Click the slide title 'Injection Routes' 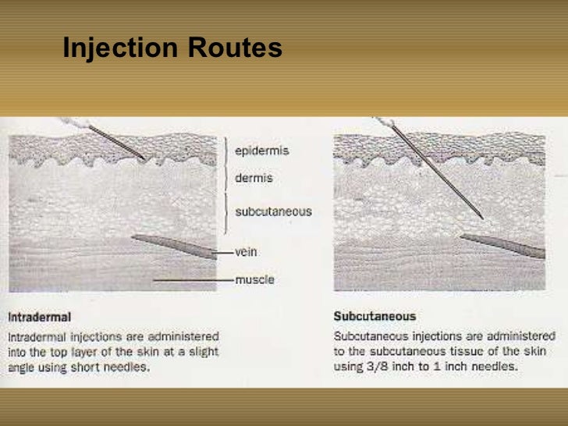click(172, 48)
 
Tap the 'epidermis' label click(261, 151)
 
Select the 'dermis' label click(254, 178)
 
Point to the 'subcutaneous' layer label click(273, 211)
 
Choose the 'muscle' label click(255, 279)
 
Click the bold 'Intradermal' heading click(40, 318)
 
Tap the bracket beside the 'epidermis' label click(225, 151)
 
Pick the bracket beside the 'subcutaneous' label click(225, 211)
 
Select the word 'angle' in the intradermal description click(23, 367)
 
